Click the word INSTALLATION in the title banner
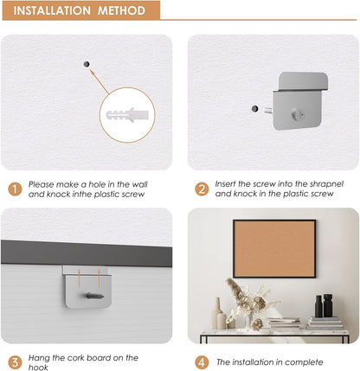tap(55, 11)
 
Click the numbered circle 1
tap(15, 189)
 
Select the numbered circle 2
tap(201, 189)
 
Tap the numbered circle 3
tap(15, 361)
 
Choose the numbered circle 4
tap(201, 361)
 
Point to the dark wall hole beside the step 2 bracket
tap(254, 109)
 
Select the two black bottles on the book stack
tap(322, 306)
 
